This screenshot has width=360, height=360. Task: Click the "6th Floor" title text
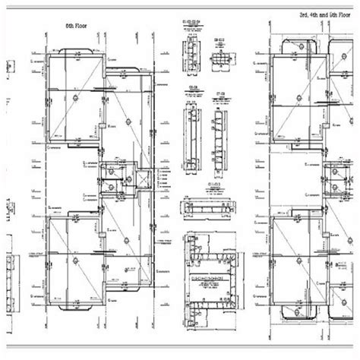[77, 25]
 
